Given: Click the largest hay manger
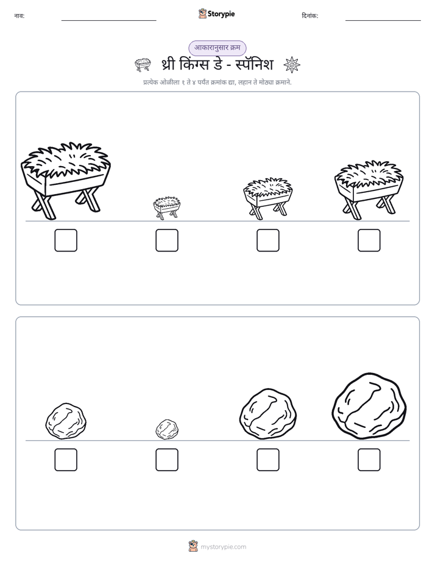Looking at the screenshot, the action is coord(66,181).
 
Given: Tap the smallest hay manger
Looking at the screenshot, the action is coord(167,208).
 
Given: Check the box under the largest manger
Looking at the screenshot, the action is coord(66,240).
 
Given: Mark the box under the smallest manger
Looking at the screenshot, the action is coord(167,240).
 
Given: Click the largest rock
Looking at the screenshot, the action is coord(369,406).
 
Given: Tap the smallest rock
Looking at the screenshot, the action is coord(167,429).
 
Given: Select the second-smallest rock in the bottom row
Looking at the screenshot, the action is coord(66,421).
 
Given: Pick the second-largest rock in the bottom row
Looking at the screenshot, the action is coord(267,414).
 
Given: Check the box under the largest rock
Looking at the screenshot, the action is coord(369,460).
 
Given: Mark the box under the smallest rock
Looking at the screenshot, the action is coord(167,460).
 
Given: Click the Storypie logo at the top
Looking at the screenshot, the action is coord(217,13).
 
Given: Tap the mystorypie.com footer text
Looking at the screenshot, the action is coord(223,547).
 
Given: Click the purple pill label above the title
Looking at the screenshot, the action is coord(217,48).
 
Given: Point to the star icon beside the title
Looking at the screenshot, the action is coord(292,65).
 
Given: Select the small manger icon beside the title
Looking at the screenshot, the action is coord(143,65).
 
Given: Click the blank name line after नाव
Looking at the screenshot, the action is coord(108,20).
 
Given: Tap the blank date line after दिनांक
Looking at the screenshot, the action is coord(383,20).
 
